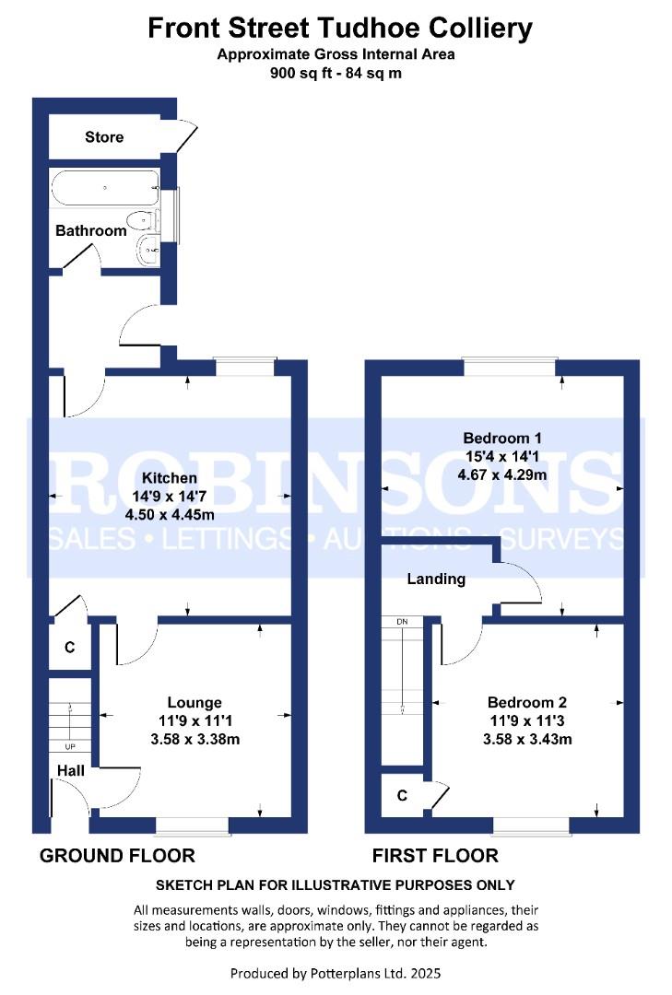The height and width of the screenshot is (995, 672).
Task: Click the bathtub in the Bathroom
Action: tap(105, 187)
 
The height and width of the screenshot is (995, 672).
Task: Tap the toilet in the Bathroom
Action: tap(142, 221)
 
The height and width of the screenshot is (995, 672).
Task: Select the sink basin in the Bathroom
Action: tap(147, 249)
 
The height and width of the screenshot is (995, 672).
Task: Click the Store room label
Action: tap(104, 137)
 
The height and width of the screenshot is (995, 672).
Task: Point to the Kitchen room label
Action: tap(169, 478)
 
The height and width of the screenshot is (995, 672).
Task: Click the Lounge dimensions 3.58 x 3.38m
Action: tap(195, 739)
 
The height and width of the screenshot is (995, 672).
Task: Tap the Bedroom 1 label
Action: tap(502, 438)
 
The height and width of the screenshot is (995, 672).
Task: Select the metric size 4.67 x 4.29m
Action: tap(502, 474)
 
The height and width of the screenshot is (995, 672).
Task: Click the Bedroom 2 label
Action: tap(527, 702)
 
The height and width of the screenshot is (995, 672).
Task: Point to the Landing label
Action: tap(436, 579)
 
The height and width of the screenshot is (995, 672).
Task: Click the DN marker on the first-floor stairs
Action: tap(402, 622)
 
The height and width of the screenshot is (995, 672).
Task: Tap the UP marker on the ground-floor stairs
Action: tap(70, 747)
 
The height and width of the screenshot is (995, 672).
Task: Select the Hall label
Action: tap(70, 770)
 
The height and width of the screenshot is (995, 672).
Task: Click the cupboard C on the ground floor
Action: tap(70, 648)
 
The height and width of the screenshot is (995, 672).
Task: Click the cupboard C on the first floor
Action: tap(402, 795)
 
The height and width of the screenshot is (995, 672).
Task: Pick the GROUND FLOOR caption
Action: tap(117, 855)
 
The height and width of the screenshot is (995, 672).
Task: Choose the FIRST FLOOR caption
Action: tap(435, 855)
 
